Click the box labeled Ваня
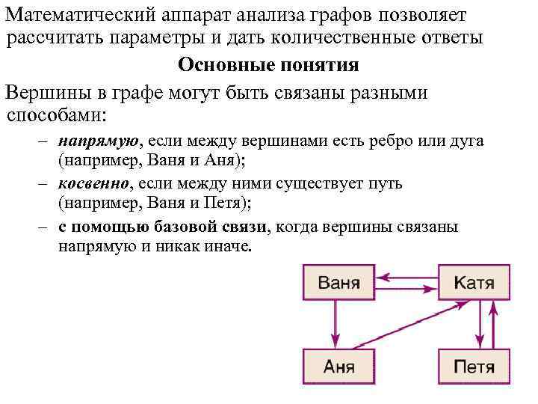pos(338,284)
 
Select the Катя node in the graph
pos(474,284)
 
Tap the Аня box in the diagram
pos(338,367)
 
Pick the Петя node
pos(474,367)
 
